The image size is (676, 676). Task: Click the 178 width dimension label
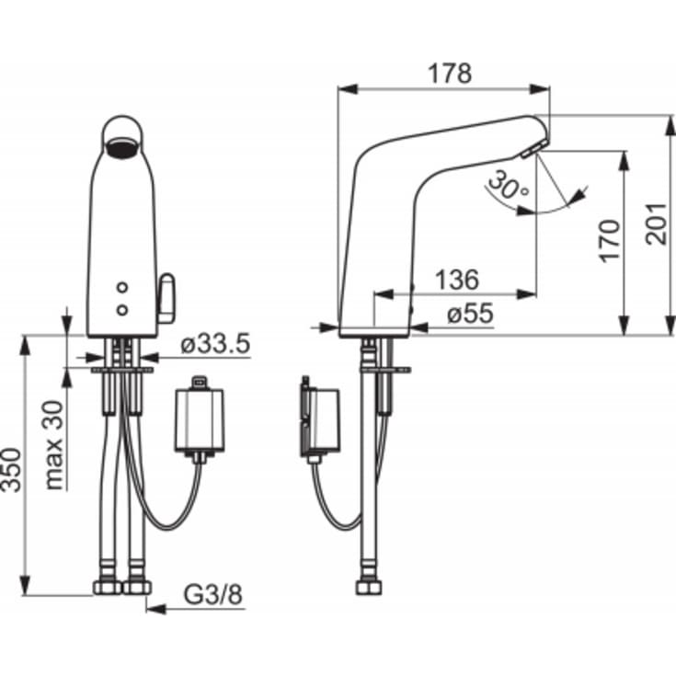click(x=450, y=74)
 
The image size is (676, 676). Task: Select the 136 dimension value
click(x=456, y=280)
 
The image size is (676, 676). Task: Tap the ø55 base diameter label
click(x=470, y=314)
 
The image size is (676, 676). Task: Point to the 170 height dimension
click(x=609, y=241)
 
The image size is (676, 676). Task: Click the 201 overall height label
click(x=656, y=223)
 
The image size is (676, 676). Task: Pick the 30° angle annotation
click(x=510, y=186)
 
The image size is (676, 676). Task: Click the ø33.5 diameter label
click(x=215, y=344)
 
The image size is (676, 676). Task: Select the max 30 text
click(x=54, y=445)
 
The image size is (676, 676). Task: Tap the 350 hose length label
click(x=10, y=470)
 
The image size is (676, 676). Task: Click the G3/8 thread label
click(x=213, y=594)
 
